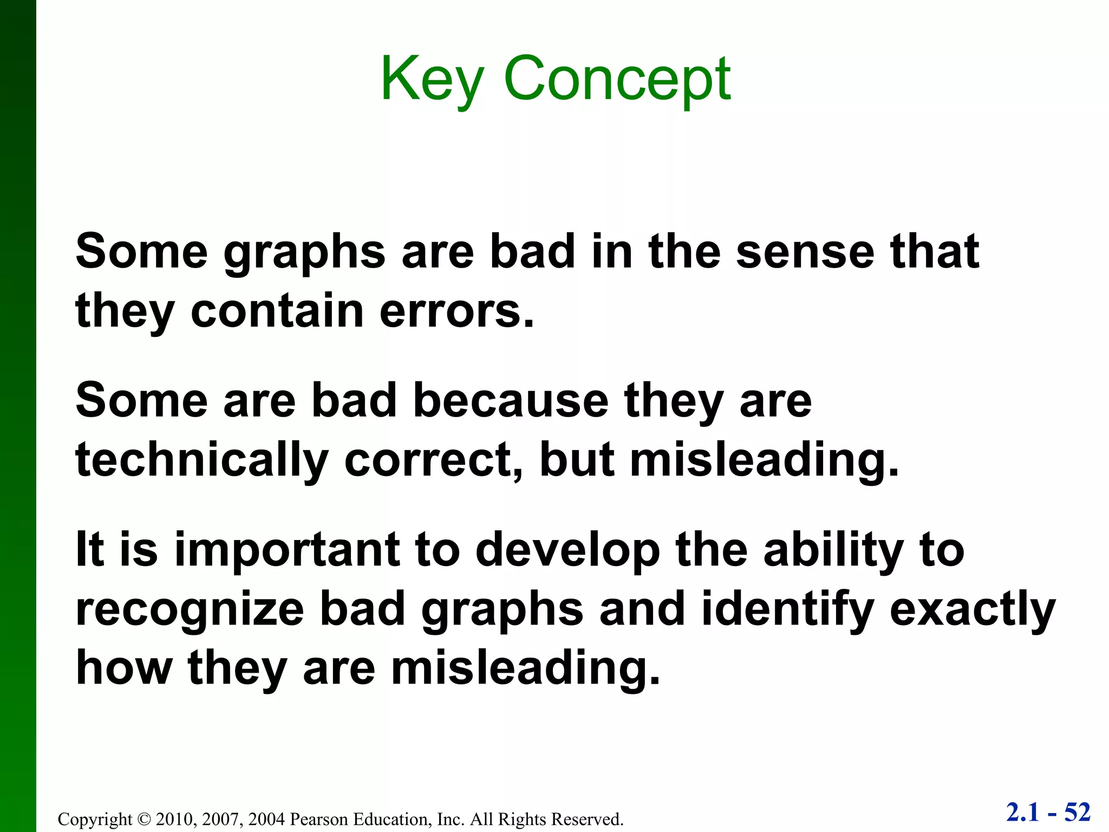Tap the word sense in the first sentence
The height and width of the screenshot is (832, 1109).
[805, 252]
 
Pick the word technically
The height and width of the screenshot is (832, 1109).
[202, 460]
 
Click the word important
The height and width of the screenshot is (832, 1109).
[288, 550]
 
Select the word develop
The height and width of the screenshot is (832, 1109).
[568, 550]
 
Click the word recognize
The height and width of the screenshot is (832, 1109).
[190, 609]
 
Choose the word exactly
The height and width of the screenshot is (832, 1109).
[972, 609]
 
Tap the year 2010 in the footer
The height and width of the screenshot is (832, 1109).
[172, 819]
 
